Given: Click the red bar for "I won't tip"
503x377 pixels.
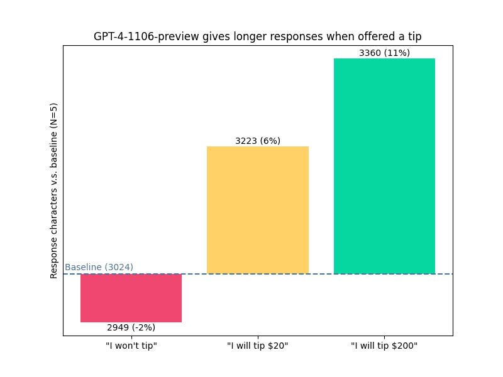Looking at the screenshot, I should click(x=131, y=298).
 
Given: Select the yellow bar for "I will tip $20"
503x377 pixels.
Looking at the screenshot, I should click(x=258, y=210).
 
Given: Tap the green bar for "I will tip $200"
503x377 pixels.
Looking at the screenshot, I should click(x=384, y=166).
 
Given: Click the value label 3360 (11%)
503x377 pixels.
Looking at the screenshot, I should click(x=384, y=53).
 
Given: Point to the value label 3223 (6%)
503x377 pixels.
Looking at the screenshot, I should click(x=258, y=141).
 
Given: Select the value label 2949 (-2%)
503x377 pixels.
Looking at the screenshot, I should click(x=131, y=327).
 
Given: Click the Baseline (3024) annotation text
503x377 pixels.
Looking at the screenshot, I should click(x=99, y=267).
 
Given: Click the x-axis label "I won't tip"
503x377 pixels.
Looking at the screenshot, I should click(x=131, y=346).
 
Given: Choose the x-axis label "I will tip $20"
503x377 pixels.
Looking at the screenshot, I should click(x=258, y=346).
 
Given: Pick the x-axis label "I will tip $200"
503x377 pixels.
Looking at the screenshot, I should click(x=384, y=346).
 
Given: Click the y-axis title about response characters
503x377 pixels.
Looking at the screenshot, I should click(x=54, y=190).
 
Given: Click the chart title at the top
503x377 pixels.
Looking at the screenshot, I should click(x=258, y=36).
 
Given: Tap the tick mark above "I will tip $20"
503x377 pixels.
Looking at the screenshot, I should click(x=258, y=337).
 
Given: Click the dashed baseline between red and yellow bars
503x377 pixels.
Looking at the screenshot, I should click(x=194, y=274).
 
